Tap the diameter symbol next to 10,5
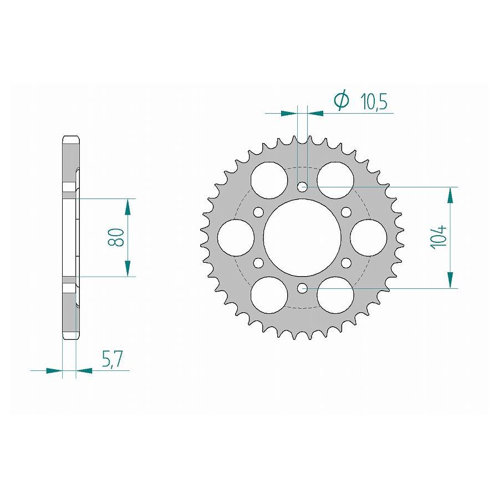[342, 100]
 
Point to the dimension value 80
[116, 237]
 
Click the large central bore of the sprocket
[302, 238]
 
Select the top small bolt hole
[302, 187]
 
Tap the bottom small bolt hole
[302, 288]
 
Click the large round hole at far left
[236, 238]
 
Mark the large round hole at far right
[369, 238]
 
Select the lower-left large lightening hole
[269, 296]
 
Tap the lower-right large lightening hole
[335, 296]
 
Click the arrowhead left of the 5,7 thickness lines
[54, 370]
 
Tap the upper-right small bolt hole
[347, 212]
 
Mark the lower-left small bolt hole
[258, 263]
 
